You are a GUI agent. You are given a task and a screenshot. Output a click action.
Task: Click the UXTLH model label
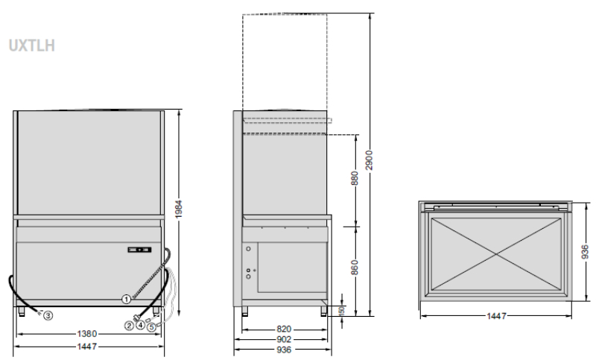[32, 45]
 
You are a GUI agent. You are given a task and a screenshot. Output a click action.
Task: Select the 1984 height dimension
[179, 209]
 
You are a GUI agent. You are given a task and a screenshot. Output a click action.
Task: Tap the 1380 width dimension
[87, 334]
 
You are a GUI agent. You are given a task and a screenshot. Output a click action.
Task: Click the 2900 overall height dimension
[369, 160]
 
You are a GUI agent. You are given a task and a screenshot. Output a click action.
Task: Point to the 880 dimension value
[355, 178]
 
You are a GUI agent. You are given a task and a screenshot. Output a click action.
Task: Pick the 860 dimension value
[355, 268]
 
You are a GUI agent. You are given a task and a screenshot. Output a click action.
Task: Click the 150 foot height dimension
[342, 311]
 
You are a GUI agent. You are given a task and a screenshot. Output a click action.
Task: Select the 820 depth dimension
[284, 329]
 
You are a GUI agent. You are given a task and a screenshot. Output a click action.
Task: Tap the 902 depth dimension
[284, 339]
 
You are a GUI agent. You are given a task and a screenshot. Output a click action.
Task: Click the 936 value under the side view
[284, 350]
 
